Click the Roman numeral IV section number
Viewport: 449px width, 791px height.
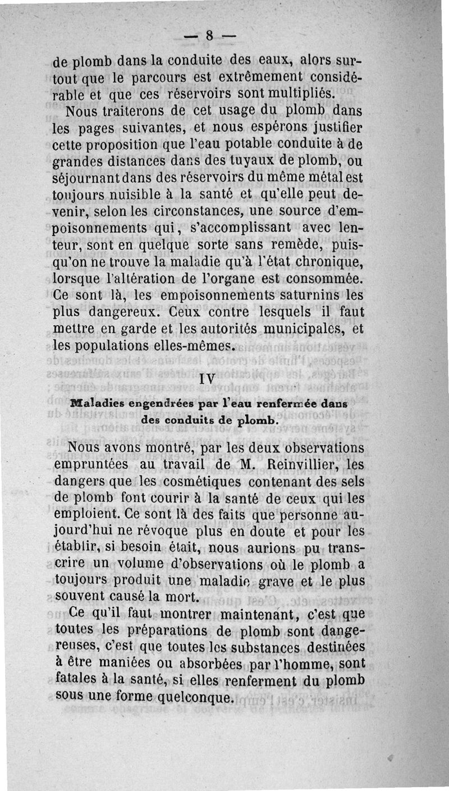click(x=208, y=379)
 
